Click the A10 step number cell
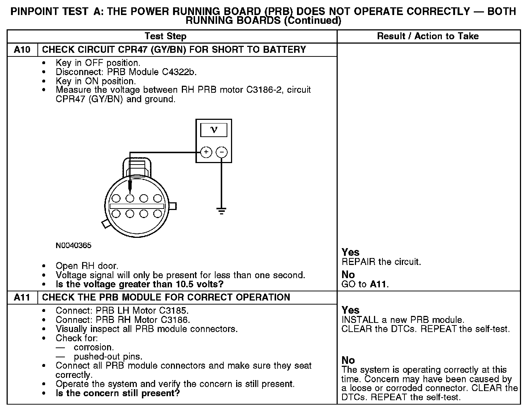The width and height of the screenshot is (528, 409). [x=22, y=50]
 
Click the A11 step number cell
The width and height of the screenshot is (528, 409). [x=22, y=297]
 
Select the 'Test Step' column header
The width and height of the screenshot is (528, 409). [x=165, y=36]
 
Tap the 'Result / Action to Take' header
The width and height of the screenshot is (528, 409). [x=428, y=36]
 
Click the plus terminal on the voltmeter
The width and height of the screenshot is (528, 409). [x=206, y=152]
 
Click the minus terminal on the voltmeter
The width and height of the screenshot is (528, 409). [x=221, y=152]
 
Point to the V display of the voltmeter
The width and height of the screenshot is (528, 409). [x=214, y=130]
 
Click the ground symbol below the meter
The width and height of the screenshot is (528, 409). [x=221, y=210]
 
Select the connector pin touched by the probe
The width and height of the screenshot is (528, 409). [x=130, y=198]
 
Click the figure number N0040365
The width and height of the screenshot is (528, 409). [x=73, y=246]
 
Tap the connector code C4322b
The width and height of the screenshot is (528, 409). [x=179, y=72]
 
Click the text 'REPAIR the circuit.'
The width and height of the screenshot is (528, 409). [x=381, y=262]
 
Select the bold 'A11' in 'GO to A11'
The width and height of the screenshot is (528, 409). [x=379, y=284]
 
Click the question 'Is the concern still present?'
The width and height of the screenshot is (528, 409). [x=118, y=394]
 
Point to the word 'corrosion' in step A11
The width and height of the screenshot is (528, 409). [x=93, y=347]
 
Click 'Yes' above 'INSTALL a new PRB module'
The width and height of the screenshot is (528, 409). [x=351, y=310]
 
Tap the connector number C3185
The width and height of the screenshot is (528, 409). [x=175, y=310]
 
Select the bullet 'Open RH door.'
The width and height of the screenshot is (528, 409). [x=87, y=266]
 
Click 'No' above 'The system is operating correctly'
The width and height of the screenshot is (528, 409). [x=348, y=360]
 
